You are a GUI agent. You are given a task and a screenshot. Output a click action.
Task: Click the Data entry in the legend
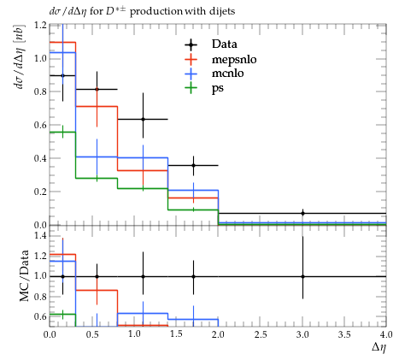(225, 44)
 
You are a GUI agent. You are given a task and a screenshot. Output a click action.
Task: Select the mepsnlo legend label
(234, 59)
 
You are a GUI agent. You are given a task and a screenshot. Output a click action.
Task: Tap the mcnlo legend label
(228, 74)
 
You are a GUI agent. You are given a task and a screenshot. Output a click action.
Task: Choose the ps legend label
(218, 88)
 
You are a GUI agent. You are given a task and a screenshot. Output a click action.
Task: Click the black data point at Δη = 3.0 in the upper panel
(302, 213)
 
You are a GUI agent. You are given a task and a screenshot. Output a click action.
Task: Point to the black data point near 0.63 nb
(143, 119)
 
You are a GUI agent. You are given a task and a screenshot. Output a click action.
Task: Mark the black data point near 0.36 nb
(193, 165)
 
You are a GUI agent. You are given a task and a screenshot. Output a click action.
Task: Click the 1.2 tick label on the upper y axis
(40, 25)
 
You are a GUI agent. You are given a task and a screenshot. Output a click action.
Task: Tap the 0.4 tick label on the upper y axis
(40, 158)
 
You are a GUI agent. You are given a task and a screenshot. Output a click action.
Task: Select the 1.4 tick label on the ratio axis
(40, 235)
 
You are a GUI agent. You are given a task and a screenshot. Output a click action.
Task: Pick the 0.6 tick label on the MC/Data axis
(40, 316)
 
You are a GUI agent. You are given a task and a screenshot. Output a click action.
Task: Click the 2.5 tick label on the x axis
(261, 334)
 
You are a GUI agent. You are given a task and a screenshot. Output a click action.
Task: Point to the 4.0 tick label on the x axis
(385, 334)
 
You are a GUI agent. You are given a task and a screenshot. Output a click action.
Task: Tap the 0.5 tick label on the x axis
(92, 334)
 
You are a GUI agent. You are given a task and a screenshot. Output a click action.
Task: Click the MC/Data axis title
(24, 275)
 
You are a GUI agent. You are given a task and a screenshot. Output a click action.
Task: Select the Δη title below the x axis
(379, 347)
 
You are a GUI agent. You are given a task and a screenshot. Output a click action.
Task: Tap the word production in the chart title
(156, 12)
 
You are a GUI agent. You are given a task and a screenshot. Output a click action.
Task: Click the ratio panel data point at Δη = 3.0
(302, 276)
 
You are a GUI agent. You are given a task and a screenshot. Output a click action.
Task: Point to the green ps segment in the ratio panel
(62, 314)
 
